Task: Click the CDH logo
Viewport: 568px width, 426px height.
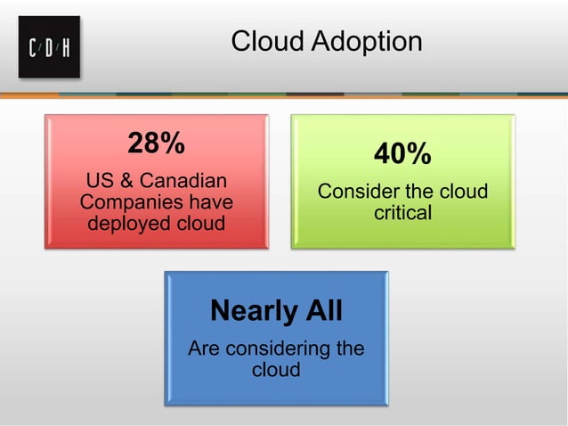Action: pos(49,47)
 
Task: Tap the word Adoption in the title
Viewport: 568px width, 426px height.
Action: pos(367,42)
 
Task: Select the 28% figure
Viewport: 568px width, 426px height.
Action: pos(156,143)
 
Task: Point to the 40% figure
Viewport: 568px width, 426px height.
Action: pos(402,154)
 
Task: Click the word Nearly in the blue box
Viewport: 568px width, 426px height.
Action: pos(252,310)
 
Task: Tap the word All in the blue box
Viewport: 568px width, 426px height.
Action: pos(322,310)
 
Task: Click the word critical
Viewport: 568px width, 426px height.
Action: pos(402,213)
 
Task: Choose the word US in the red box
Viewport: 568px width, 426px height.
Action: pos(89,181)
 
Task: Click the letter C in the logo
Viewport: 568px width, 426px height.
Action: pos(35,48)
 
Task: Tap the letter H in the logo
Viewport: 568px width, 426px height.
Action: pos(65,48)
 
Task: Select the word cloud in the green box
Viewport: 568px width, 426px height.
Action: pos(465,193)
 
